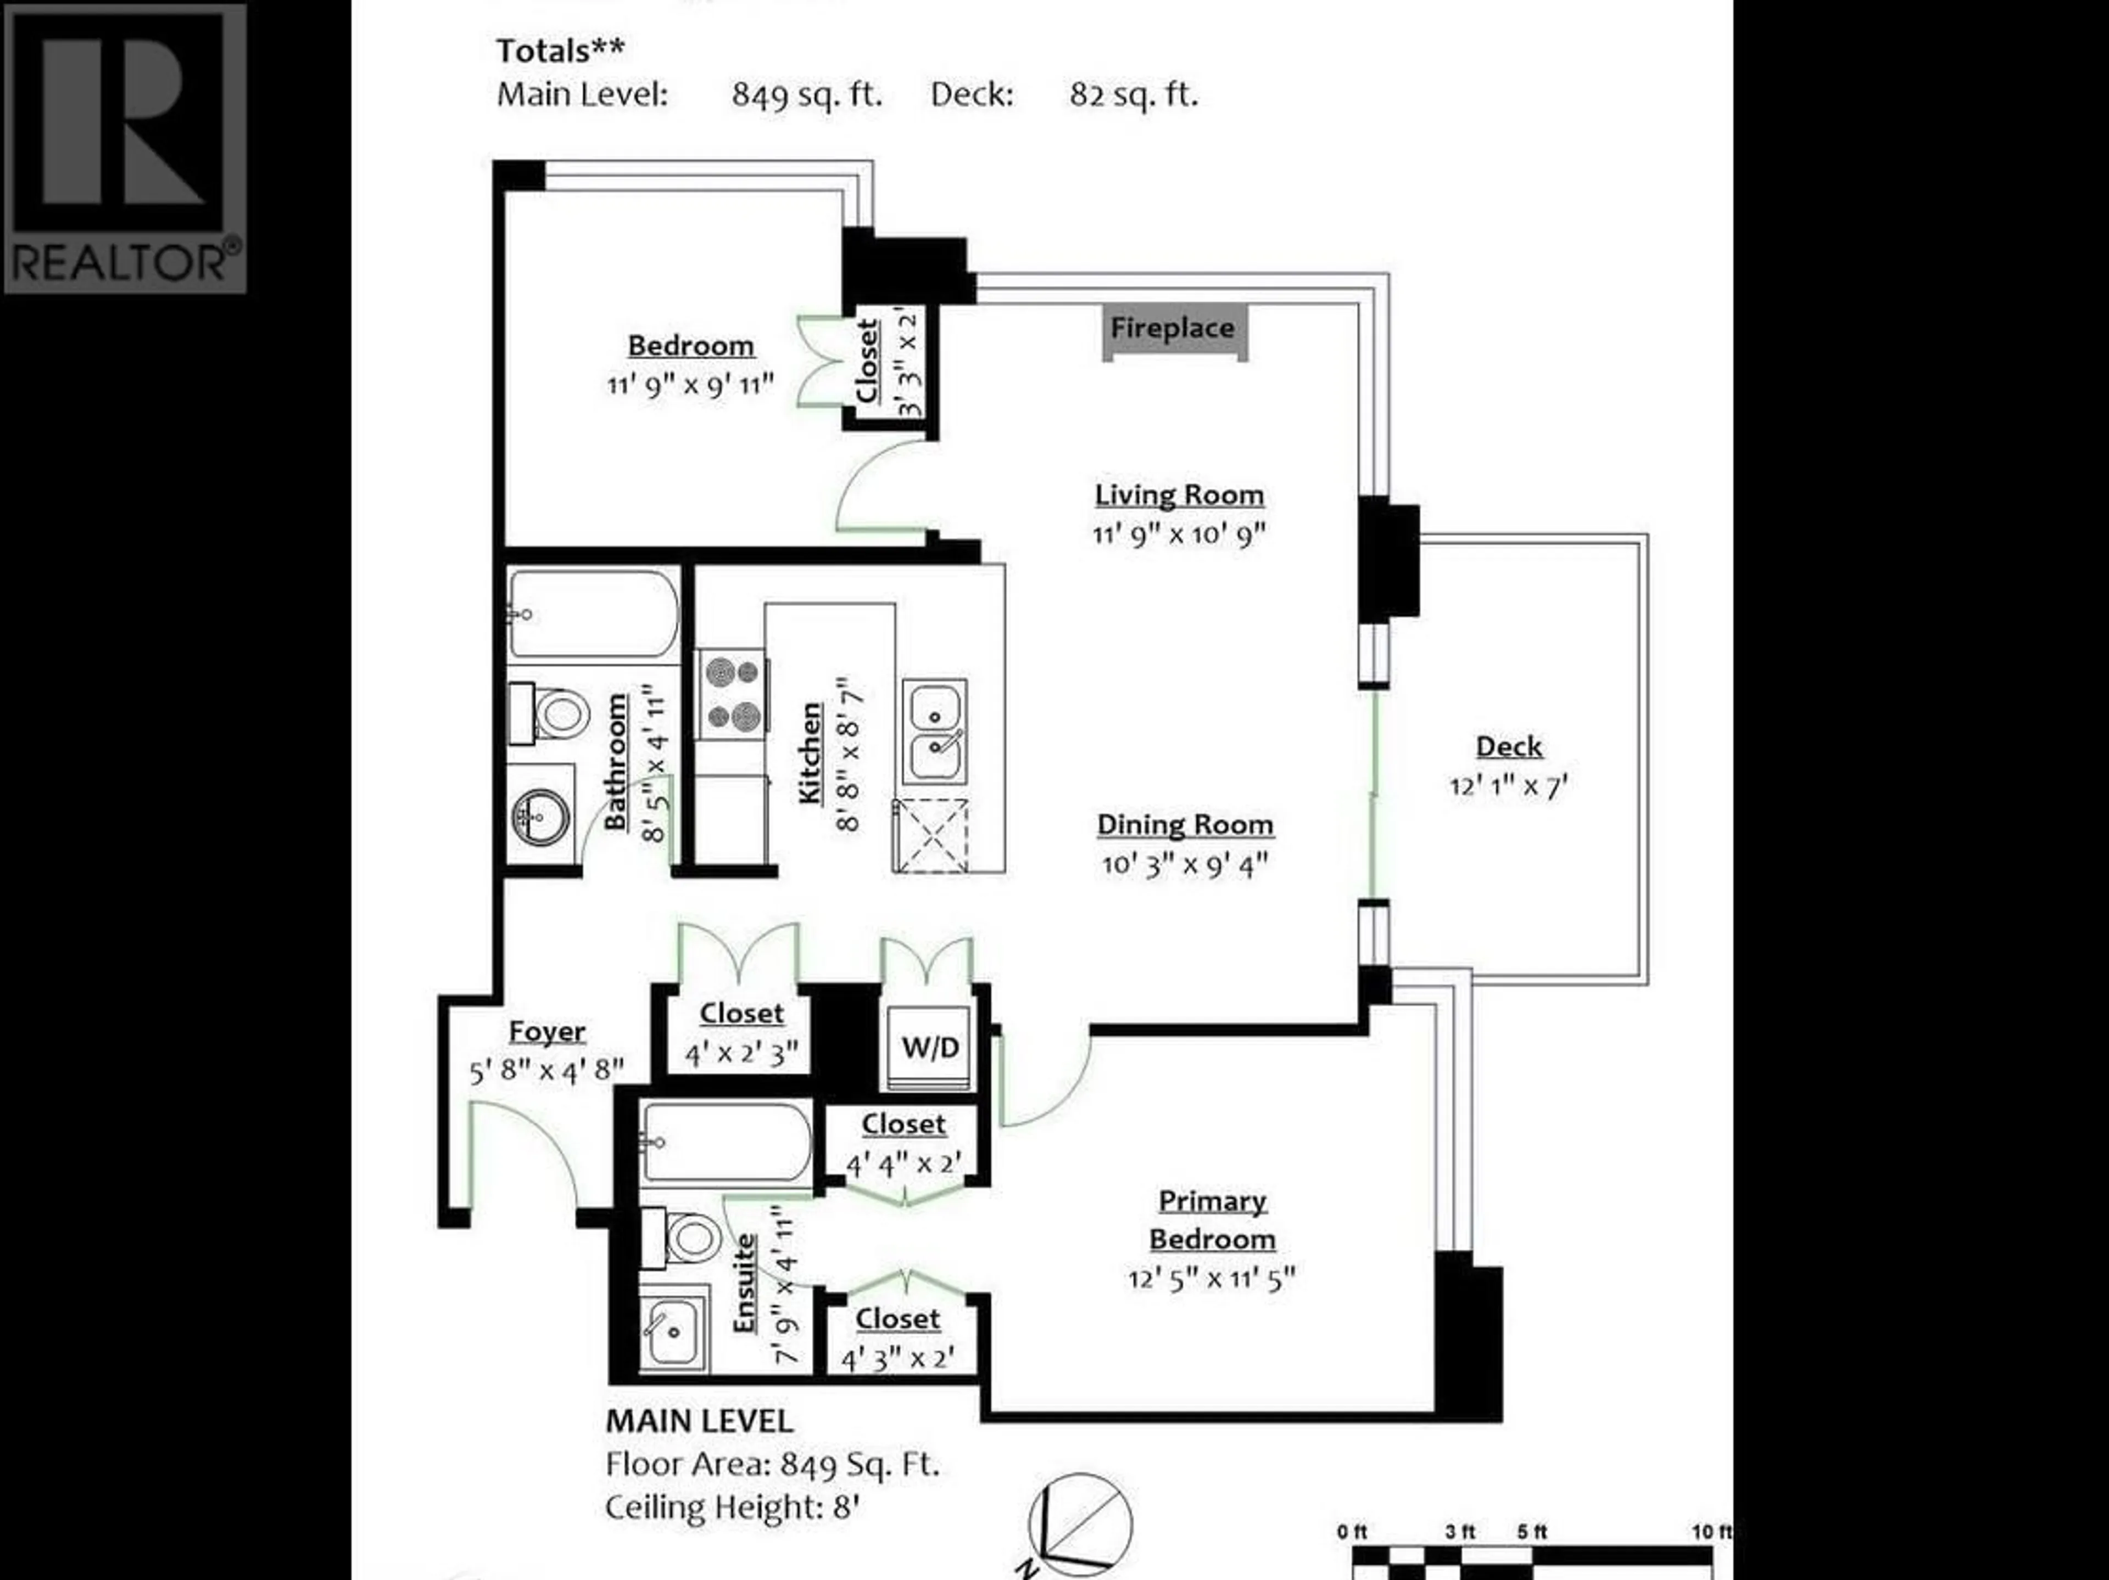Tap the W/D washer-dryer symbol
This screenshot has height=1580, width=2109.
pyautogui.click(x=930, y=1047)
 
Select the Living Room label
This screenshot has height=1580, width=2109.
pyautogui.click(x=1179, y=494)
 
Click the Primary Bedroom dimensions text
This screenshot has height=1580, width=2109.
pyautogui.click(x=1212, y=1277)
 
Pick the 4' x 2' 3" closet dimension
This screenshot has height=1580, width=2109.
pyautogui.click(x=742, y=1055)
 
